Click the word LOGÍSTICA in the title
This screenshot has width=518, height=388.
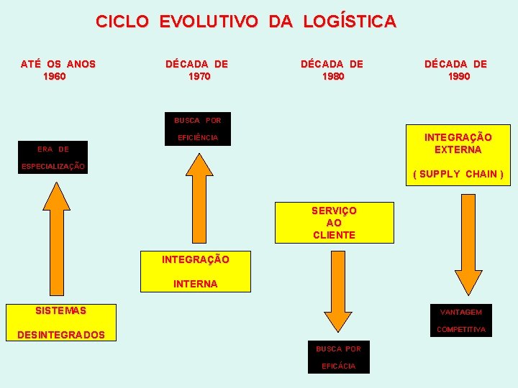(350, 22)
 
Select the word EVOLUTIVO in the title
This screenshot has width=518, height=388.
(208, 22)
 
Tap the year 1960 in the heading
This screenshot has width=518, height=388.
(55, 76)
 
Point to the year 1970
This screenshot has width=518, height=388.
(199, 76)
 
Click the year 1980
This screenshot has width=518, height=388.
(333, 76)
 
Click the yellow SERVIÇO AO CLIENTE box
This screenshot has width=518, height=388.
(334, 223)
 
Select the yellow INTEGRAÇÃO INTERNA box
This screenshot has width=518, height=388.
(196, 272)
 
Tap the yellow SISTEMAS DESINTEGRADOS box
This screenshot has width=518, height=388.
(60, 323)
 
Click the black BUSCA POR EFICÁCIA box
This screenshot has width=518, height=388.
(338, 357)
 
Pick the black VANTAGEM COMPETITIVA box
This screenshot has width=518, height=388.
(461, 320)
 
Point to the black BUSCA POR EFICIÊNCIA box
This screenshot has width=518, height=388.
(198, 129)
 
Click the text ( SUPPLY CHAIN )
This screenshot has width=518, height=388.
(458, 174)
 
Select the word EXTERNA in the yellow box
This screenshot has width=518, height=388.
(458, 150)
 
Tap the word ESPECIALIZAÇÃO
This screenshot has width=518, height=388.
(53, 167)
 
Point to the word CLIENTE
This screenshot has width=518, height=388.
(334, 235)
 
